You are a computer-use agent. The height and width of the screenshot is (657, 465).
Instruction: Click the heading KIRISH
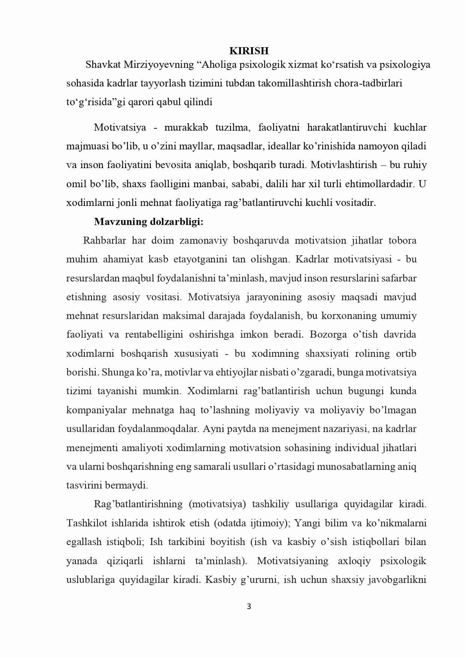click(249, 51)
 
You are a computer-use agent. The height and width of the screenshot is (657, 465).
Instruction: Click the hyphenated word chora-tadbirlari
click(368, 83)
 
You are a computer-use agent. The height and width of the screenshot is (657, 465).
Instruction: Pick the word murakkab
click(186, 128)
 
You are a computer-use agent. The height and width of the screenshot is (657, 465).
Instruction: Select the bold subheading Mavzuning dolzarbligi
click(148, 222)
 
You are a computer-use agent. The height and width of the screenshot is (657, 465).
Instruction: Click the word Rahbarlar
click(105, 240)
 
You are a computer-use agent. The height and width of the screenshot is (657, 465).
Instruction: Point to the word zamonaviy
click(203, 240)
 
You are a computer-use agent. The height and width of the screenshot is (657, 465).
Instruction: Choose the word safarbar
click(398, 278)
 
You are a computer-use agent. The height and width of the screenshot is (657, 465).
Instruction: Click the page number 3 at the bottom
click(249, 607)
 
